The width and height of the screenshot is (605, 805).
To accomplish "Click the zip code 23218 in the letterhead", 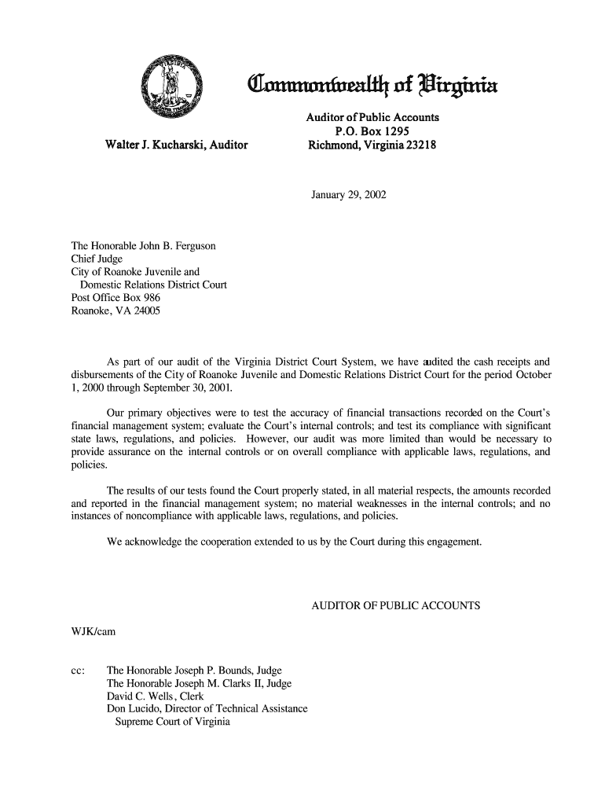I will (x=420, y=145).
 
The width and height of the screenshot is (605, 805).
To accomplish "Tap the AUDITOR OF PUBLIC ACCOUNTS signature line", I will (x=396, y=606).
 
